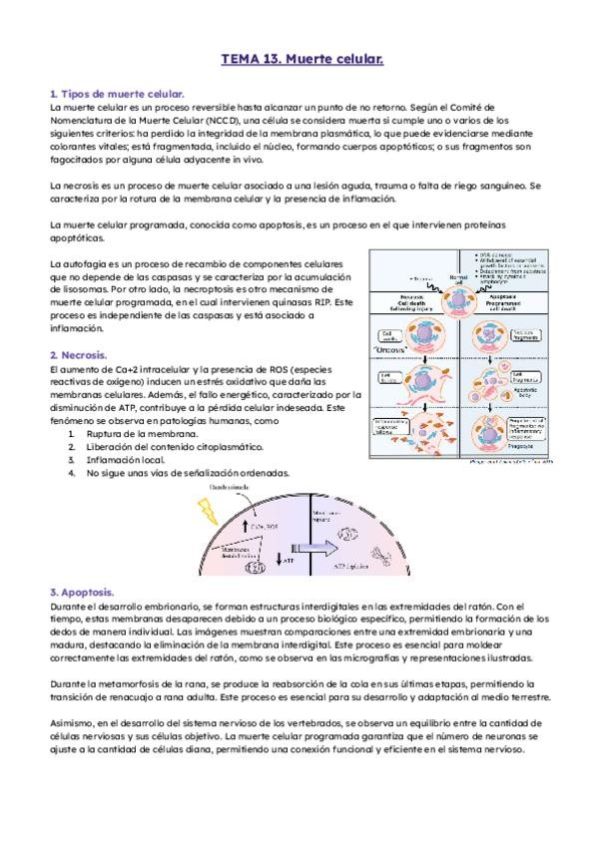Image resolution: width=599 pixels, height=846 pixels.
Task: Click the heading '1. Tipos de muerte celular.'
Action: tap(116, 93)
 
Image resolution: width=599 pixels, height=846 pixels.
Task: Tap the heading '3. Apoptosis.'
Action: tap(86, 591)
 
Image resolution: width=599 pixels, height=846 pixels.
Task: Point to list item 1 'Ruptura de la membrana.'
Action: tap(134, 435)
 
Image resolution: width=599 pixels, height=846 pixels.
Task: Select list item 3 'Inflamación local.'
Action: tap(123, 460)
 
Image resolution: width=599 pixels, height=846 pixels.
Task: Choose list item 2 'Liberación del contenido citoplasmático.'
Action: tap(169, 448)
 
